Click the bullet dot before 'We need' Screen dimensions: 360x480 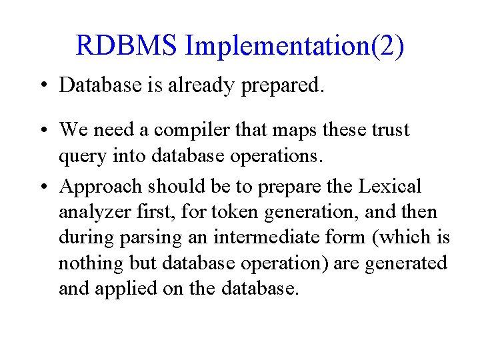[43, 129]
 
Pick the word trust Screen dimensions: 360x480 [388, 129]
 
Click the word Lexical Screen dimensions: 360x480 [390, 186]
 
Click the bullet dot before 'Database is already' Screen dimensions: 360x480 [43, 85]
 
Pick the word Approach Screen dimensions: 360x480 [101, 187]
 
